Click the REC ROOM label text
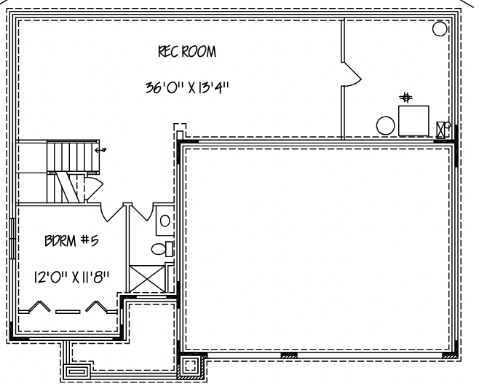point(187,52)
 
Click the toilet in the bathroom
point(162,249)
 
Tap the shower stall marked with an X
point(146,278)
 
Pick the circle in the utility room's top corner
point(440,28)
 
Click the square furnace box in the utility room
point(413,120)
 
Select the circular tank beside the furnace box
point(385,125)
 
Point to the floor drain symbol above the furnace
point(406,96)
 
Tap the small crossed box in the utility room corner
point(442,130)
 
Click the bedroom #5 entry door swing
point(113,211)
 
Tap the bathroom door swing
point(139,211)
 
